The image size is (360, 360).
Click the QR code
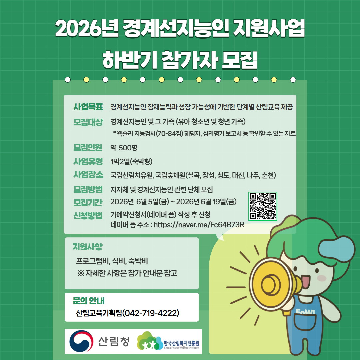[263, 206]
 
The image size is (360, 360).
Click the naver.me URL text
[199, 225]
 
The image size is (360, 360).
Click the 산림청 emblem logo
[81, 341]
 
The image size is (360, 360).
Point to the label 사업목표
[88, 107]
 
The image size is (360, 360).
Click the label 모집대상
[88, 122]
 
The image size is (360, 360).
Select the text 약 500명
[124, 147]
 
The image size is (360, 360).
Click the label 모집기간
[88, 202]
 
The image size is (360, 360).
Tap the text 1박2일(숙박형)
[131, 162]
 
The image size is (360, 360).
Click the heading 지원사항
[87, 247]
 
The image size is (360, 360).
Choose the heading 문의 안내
[88, 301]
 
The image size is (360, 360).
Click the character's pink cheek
[322, 278]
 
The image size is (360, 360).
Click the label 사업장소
[88, 175]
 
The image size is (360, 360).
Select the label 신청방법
[88, 216]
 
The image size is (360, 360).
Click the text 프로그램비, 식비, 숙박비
[112, 261]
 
